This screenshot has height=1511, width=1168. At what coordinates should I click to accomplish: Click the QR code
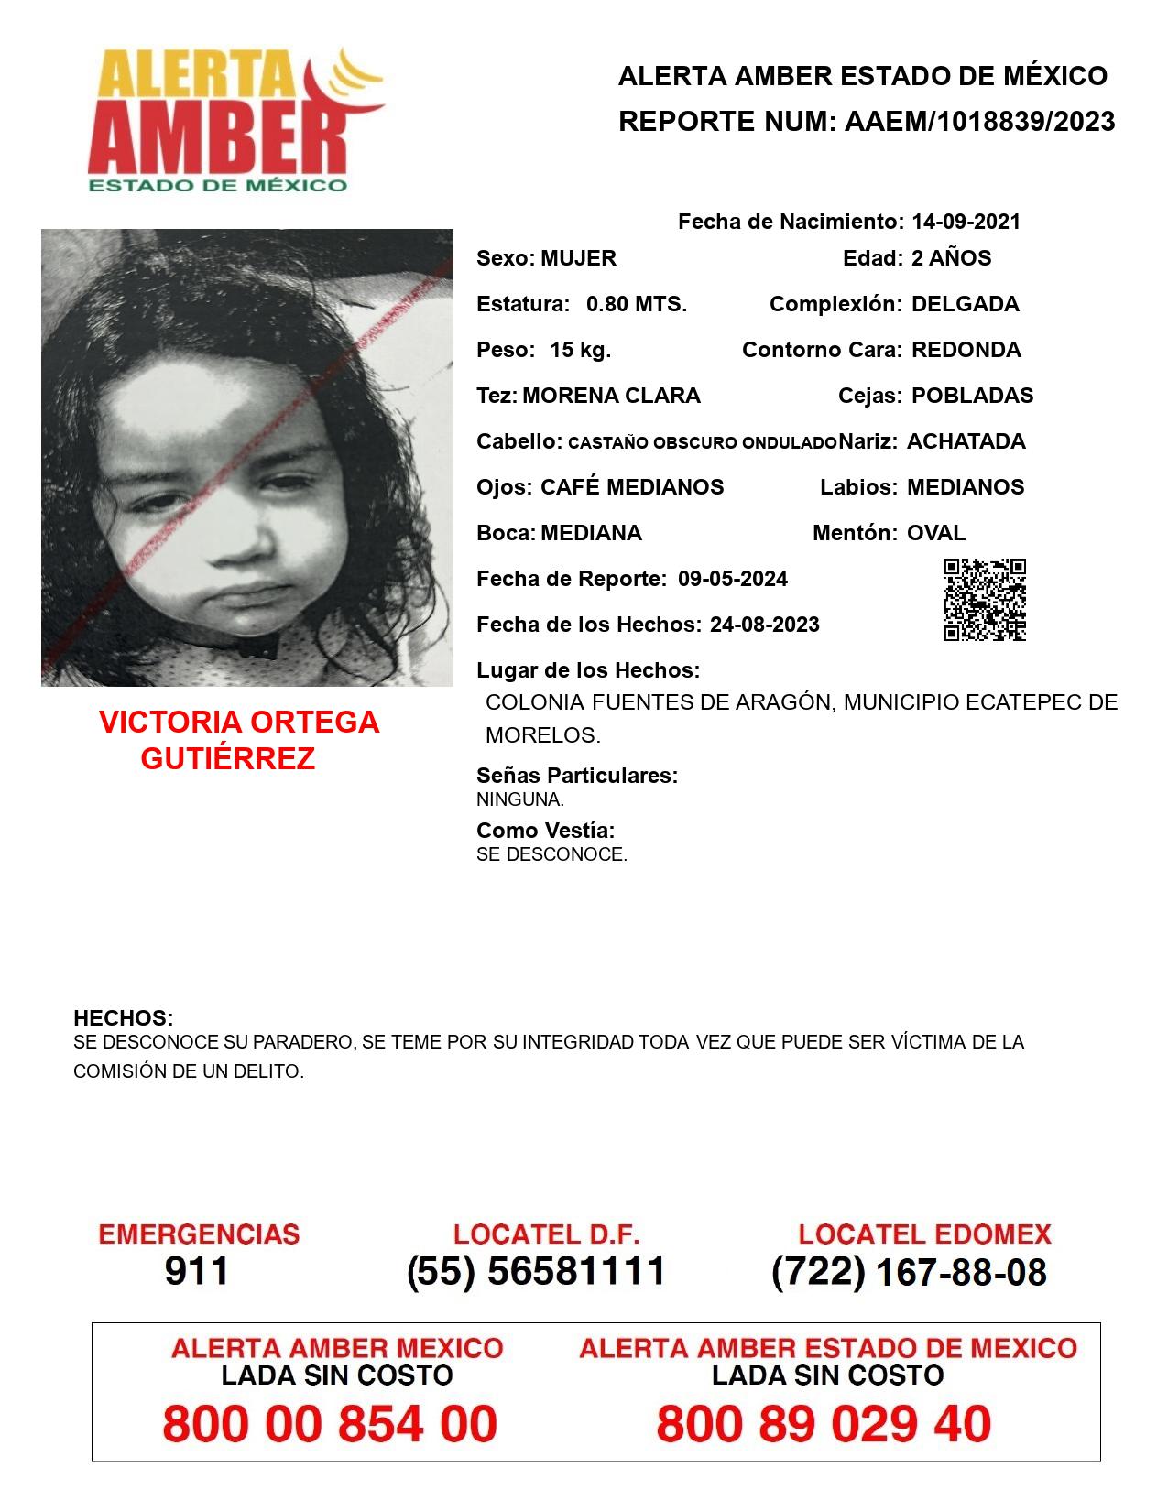coord(985,600)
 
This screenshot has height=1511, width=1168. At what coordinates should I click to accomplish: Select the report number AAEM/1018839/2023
coord(979,122)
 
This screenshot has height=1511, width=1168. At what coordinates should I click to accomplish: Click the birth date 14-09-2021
coord(966,222)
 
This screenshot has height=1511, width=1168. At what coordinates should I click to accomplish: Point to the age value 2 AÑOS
coord(951,258)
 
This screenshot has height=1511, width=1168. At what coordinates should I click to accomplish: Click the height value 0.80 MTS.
coord(637,304)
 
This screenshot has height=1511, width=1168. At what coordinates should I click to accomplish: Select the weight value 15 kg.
coord(580,350)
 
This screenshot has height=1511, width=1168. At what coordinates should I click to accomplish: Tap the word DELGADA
coord(965,304)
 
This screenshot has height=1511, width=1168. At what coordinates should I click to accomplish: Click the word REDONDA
coord(966,350)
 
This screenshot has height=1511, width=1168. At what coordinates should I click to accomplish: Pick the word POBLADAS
coord(972,396)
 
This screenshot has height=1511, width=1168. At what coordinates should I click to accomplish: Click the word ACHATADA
coord(966,441)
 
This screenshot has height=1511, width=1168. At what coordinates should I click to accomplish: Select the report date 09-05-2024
coord(733,579)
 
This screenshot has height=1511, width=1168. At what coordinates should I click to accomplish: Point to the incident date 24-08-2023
coord(764,625)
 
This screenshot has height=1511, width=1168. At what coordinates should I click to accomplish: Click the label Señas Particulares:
coord(577,776)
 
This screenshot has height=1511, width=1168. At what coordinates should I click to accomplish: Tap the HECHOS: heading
coord(124,1018)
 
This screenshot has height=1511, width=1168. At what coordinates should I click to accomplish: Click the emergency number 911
coord(197,1271)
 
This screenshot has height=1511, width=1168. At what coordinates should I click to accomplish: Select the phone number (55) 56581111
coord(536,1271)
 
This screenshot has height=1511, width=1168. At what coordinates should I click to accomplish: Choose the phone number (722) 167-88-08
coord(909,1272)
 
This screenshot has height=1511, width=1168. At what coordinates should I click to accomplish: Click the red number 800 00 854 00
coord(330,1425)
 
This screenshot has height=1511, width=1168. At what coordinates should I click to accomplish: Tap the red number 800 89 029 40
coord(824,1425)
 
